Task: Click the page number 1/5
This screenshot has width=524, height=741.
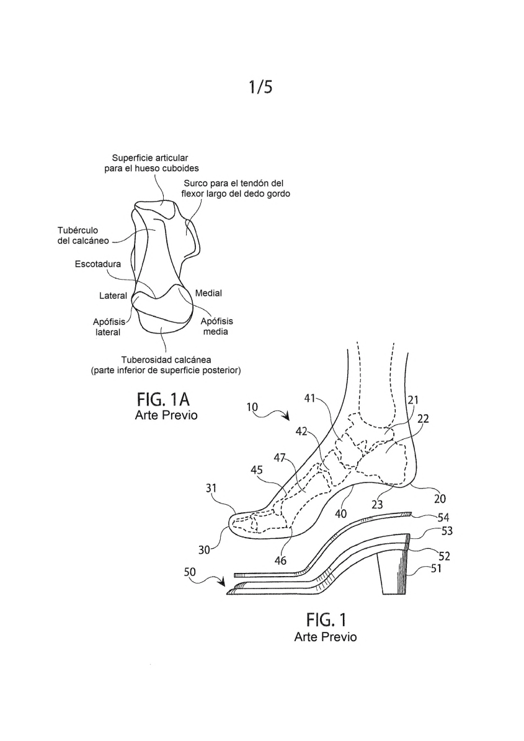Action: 261,87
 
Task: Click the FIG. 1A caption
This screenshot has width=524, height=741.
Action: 164,400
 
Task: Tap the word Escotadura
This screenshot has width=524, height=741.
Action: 98,264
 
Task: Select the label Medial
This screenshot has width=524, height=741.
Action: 208,293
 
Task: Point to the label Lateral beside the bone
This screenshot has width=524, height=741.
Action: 113,296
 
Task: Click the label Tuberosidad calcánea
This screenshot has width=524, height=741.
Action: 166,360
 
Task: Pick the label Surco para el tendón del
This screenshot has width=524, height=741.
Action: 233,183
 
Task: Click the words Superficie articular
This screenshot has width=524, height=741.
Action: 150,158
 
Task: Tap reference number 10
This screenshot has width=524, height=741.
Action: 252,406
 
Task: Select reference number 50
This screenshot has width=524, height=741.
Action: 190,572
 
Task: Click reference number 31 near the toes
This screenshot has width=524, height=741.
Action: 211,488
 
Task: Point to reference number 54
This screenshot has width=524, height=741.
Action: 443,518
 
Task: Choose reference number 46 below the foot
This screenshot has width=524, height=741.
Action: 280,561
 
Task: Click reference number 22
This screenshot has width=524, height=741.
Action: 423,419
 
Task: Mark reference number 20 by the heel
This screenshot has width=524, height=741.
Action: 440,499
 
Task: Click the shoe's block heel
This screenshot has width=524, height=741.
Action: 392,571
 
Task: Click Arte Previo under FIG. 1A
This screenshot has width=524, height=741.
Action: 166,415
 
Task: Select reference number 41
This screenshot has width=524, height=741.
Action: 310,399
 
